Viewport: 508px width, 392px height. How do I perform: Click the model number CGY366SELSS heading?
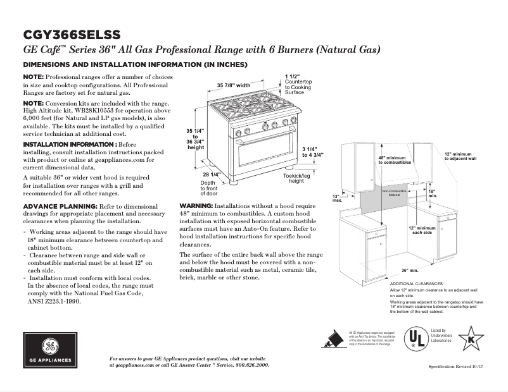click(x=71, y=34)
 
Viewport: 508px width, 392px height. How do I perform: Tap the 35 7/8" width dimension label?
click(x=234, y=85)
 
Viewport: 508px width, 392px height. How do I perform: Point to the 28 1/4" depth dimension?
click(x=211, y=175)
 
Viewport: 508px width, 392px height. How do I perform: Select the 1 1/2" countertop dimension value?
click(x=293, y=76)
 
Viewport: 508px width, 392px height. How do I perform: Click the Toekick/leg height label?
click(x=296, y=178)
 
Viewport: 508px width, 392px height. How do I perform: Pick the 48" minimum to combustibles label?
click(x=391, y=160)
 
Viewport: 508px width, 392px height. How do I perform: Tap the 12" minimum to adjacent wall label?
click(x=458, y=156)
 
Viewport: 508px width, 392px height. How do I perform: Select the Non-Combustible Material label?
click(x=394, y=192)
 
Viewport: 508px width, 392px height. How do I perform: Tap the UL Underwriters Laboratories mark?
click(x=416, y=339)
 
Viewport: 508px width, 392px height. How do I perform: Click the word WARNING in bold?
click(x=196, y=206)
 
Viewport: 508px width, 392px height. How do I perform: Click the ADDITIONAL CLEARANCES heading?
click(x=416, y=284)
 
